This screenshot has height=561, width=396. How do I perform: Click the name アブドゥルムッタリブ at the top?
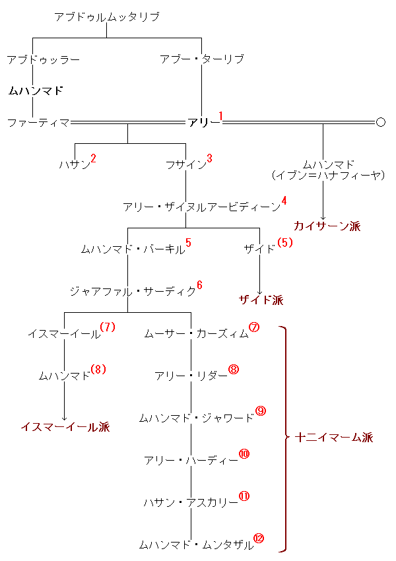coord(107,16)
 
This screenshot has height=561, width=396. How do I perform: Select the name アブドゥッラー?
coord(44,59)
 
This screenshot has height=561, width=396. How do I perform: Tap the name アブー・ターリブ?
coord(202,59)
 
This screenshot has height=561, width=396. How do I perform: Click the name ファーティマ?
coord(39,123)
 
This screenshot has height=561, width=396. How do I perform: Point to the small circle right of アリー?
coord(381,122)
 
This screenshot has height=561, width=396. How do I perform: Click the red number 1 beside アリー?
coord(220,116)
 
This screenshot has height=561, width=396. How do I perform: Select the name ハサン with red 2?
coord(75,164)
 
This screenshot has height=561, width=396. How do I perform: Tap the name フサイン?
coord(186,164)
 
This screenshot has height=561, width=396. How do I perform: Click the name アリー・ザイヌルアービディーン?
coord(202,207)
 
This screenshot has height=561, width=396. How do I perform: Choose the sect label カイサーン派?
coord(327,226)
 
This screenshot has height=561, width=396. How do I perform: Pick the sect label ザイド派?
coord(261,300)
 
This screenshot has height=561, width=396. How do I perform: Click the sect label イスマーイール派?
coord(65,426)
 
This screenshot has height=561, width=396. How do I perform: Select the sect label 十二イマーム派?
coord(334,437)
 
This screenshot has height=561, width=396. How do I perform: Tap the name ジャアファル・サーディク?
coord(133,291)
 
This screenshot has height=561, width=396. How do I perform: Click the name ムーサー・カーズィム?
coord(197,333)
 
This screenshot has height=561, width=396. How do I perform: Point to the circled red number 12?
coord(259,538)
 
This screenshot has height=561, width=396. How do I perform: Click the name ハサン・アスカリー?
coord(191,502)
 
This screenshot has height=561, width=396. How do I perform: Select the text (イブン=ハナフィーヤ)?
coord(328,176)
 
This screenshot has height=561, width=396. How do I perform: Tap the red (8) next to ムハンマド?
coord(98,369)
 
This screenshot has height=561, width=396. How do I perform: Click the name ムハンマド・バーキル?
coord(133,249)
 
